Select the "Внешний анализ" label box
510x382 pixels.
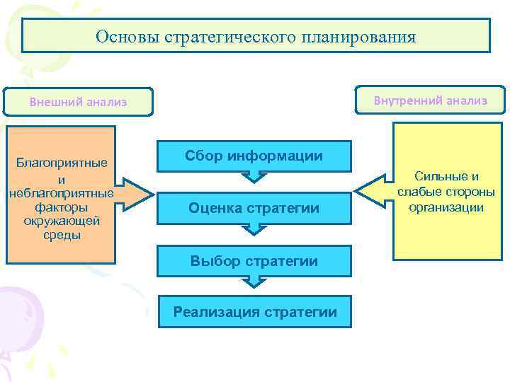coord(78,102)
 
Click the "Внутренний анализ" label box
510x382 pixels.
coord(430,100)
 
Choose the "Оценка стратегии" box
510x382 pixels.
coord(254,208)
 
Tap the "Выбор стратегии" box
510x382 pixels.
coord(254,261)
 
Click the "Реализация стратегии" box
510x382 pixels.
coord(254,312)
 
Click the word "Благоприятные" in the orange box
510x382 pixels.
coord(62,163)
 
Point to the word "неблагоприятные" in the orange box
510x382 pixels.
coord(62,193)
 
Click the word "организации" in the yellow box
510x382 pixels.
coord(446,207)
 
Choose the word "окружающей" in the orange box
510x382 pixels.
coord(62,221)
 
